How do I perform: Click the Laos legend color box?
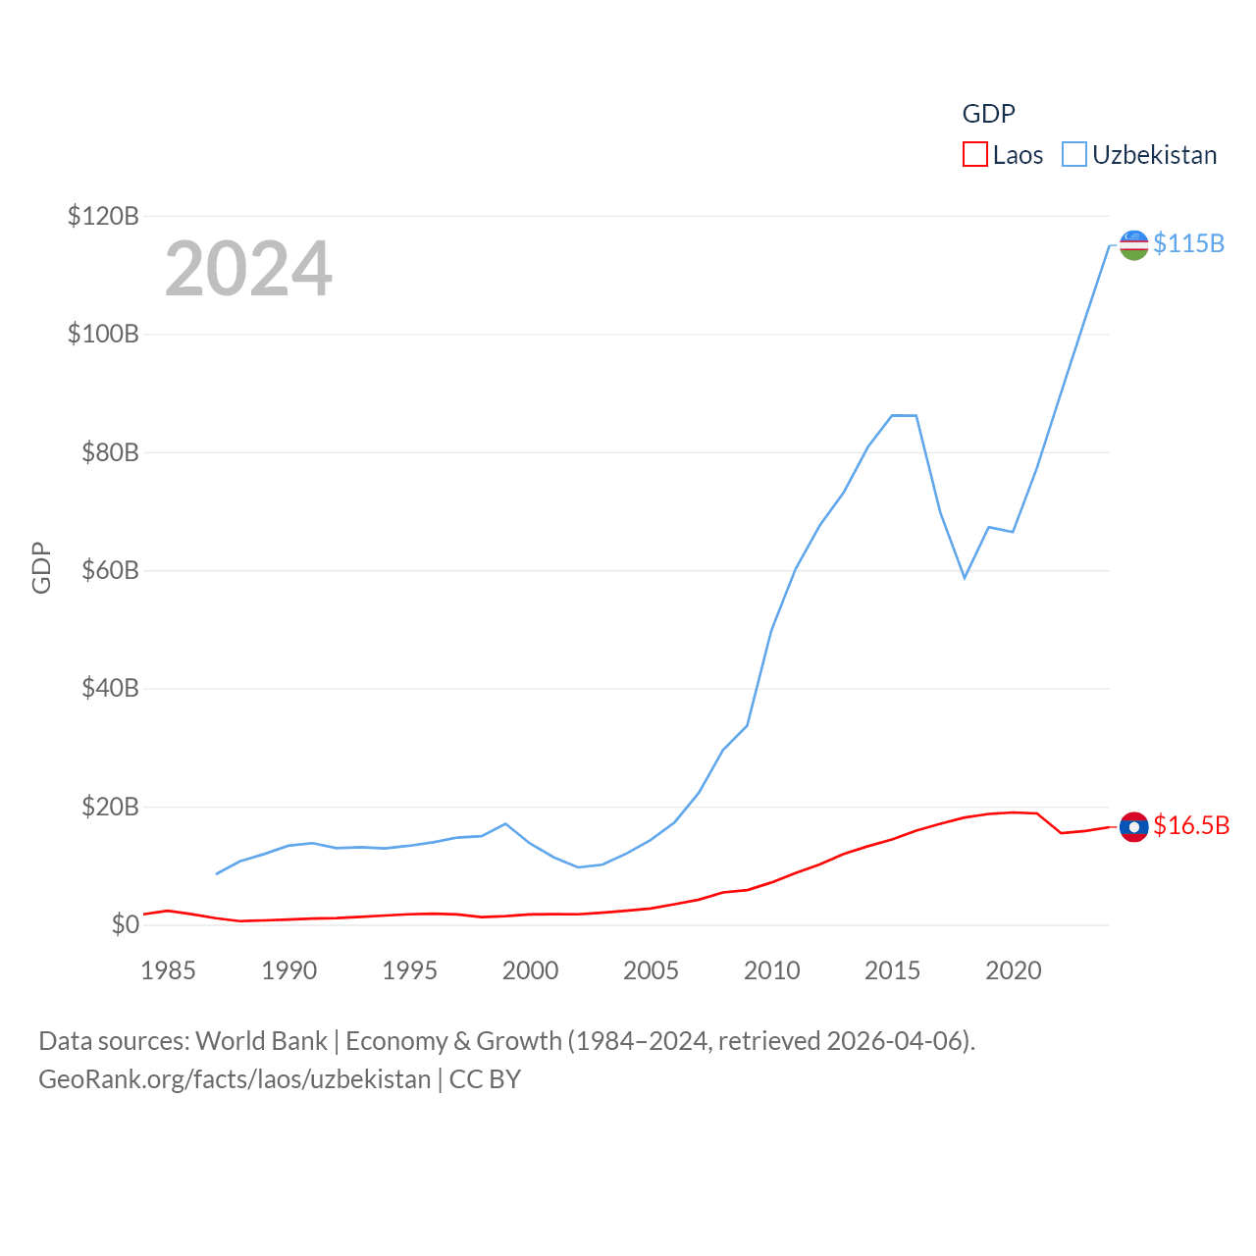(974, 155)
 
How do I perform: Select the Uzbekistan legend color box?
(1074, 155)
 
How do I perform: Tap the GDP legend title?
(988, 114)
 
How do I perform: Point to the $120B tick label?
(103, 216)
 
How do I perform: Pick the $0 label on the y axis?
(125, 924)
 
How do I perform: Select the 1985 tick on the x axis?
(169, 970)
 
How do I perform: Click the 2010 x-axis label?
(771, 970)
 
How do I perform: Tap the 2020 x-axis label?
(1013, 970)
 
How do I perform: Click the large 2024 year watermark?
(248, 269)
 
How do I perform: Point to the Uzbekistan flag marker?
(1133, 245)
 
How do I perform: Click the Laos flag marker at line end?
(1133, 827)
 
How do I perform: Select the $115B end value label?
(1188, 243)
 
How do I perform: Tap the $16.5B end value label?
(1191, 825)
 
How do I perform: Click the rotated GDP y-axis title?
(41, 567)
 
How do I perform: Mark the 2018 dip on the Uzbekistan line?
(965, 577)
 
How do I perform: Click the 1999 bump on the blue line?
(505, 824)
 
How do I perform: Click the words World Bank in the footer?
(261, 1040)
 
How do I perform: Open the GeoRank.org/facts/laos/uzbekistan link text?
(235, 1079)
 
